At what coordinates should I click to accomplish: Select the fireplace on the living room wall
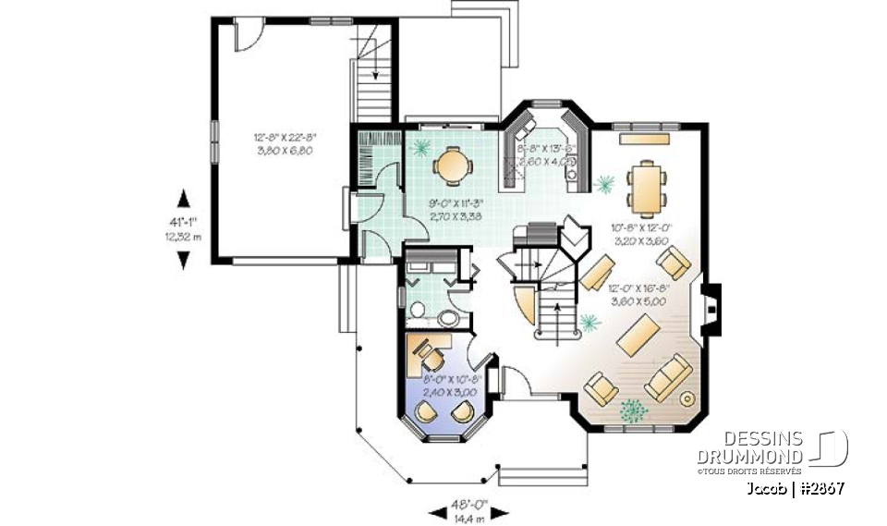coord(710,307)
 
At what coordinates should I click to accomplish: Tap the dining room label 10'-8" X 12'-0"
coord(641,232)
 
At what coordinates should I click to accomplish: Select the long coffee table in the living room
coord(637,336)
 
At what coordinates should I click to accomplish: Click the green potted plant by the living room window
coord(632,407)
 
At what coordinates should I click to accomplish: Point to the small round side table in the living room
coord(688,398)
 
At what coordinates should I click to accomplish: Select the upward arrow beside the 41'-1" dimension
coord(183,199)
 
